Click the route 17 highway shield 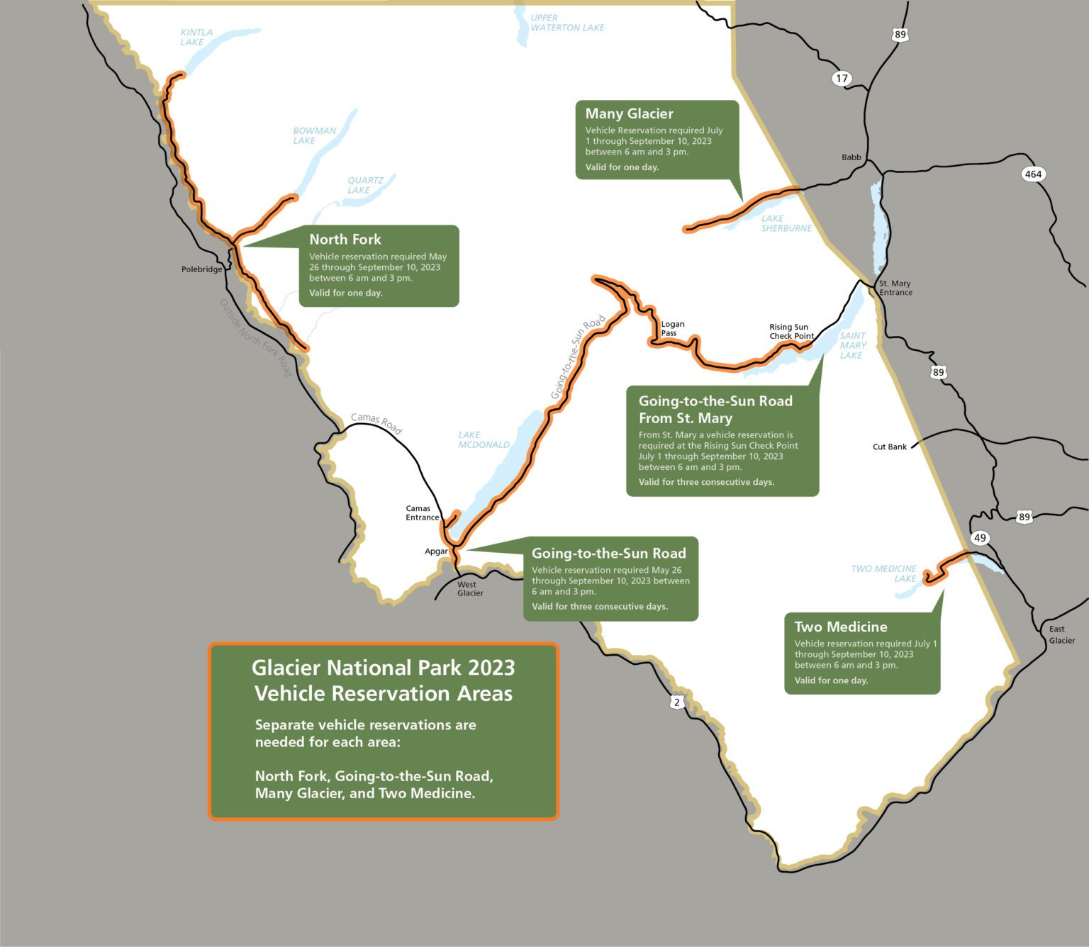tap(842, 79)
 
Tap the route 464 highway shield tap(1033, 174)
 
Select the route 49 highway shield tap(980, 538)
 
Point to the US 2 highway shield tap(677, 702)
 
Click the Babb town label tap(851, 157)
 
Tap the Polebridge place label tap(201, 269)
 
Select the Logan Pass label tap(672, 328)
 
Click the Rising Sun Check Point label tap(791, 332)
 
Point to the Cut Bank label tap(889, 447)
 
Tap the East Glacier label tap(1061, 634)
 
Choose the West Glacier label tap(469, 589)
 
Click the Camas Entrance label tap(422, 513)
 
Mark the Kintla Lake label tap(196, 38)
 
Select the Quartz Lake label tap(364, 185)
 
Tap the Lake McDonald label tap(484, 439)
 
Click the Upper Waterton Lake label tap(566, 23)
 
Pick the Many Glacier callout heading tap(629, 113)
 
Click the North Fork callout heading tap(345, 240)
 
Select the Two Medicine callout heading tap(840, 627)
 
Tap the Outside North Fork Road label tap(255, 337)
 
